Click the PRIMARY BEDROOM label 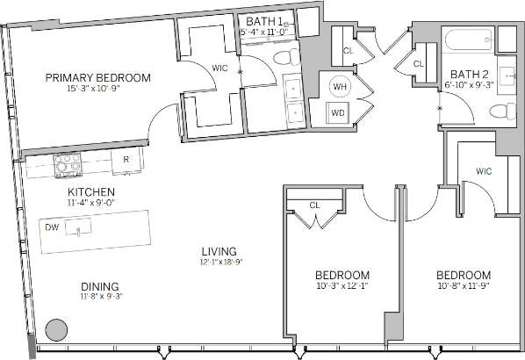[x=98, y=77]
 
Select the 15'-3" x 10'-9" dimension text [x=98, y=88]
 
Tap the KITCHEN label [x=92, y=191]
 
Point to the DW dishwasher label [x=52, y=227]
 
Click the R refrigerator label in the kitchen [x=126, y=160]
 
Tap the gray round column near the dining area [x=55, y=330]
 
